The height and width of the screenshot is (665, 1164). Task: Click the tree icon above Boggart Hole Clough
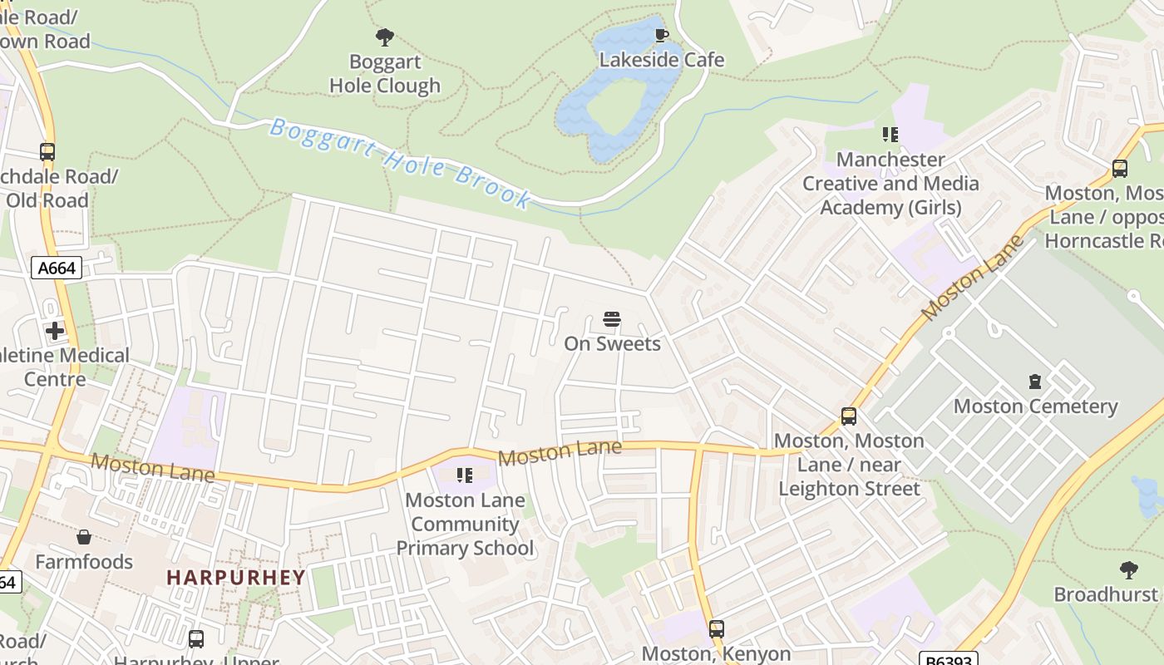384,37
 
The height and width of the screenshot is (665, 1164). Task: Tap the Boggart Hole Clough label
384,74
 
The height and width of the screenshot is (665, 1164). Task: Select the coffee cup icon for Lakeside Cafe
661,35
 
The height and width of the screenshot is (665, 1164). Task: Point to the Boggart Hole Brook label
400,163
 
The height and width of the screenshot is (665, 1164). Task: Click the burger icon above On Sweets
612,320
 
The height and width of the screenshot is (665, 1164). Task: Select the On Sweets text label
612,344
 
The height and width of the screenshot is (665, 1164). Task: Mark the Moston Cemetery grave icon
1034,382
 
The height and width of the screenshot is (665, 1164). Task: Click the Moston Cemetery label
1034,406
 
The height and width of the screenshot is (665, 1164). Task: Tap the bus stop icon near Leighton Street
848,416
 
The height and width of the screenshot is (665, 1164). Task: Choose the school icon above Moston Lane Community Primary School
465,475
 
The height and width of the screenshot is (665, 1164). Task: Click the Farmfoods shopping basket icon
83,538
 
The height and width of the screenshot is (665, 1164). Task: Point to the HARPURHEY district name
236,577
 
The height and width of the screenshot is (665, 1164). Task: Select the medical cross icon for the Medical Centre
55,331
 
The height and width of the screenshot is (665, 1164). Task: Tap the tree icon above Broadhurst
1128,570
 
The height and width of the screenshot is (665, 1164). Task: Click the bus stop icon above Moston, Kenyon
716,629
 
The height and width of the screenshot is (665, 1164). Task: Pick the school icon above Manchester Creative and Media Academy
890,135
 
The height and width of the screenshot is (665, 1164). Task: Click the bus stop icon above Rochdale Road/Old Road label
47,152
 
